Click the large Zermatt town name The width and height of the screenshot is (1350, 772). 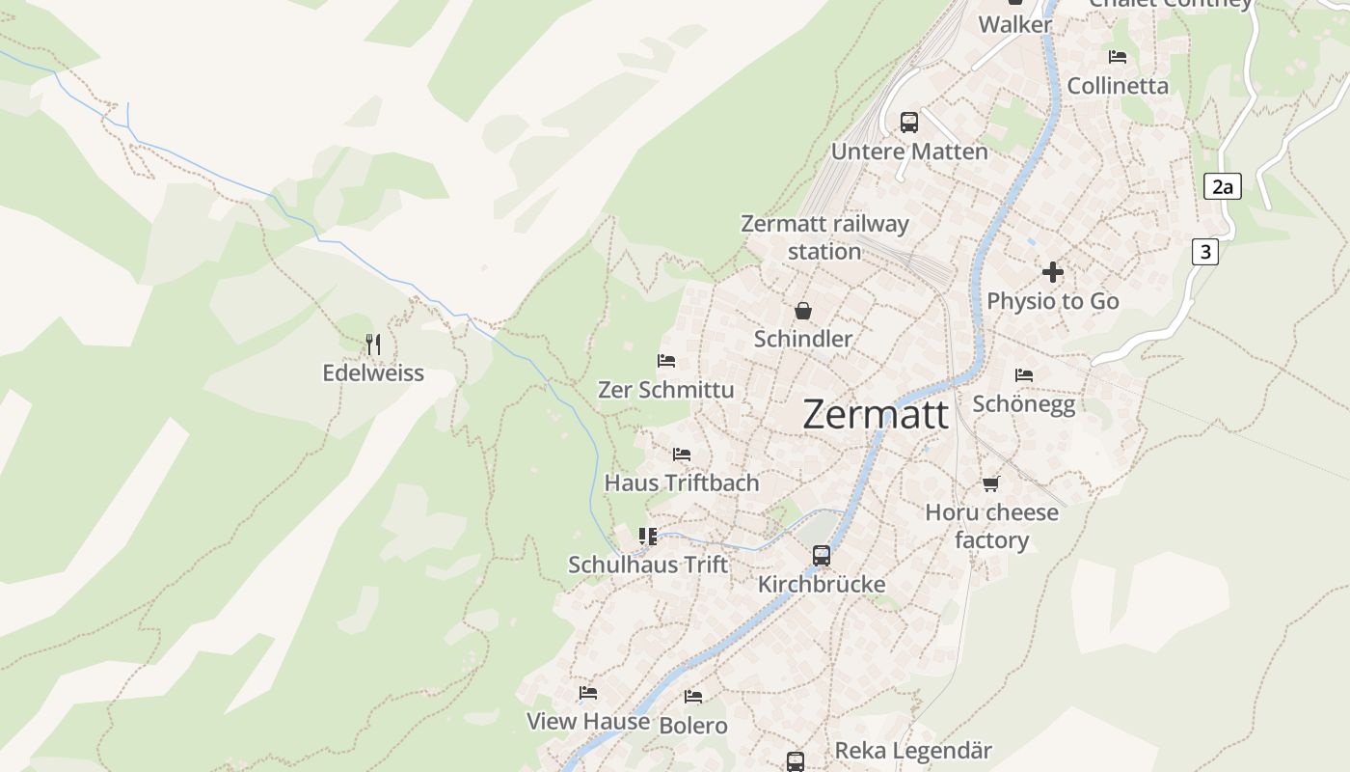pos(876,414)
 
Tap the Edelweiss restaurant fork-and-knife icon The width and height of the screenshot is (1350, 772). pos(373,344)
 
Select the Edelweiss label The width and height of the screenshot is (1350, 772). pos(373,372)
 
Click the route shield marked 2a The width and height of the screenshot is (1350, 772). pos(1222,186)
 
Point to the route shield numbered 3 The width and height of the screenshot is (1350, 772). pos(1204,252)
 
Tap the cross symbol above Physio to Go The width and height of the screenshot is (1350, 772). pos(1053,272)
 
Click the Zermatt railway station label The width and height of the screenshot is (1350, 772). pos(824,237)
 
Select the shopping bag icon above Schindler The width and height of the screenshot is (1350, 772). pos(803,311)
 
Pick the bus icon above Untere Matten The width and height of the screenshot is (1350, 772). pos(909,123)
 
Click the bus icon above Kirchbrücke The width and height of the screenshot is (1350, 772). pos(822,556)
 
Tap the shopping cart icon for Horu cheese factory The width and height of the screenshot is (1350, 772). pos(991,483)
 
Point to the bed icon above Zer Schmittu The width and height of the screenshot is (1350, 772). pos(666,361)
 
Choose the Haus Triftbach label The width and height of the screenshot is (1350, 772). pos(682,482)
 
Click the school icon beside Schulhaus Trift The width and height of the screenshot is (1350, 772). pos(648,536)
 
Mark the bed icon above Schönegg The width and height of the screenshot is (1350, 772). pos(1024,374)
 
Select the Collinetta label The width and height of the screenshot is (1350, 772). pos(1118,86)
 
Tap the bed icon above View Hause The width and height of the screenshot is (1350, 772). pos(588,693)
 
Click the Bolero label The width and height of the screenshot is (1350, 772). pos(693,725)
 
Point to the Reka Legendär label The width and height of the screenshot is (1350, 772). pos(912,750)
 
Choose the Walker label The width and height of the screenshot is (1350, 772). pos(1015,24)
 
